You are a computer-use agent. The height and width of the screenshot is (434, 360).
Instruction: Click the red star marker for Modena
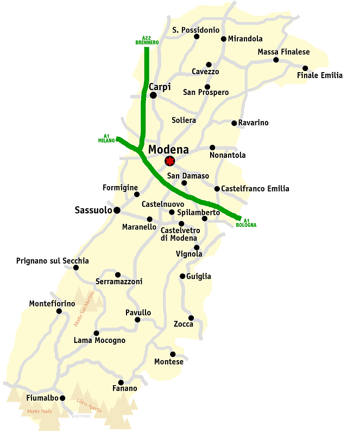(x=170, y=161)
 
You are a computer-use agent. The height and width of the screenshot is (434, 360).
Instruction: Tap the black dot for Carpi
(x=153, y=95)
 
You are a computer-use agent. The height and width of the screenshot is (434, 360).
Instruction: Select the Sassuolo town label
(x=93, y=210)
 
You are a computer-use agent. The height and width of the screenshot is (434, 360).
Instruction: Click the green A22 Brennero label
(x=146, y=40)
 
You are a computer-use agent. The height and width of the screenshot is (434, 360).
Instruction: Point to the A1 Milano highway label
(x=106, y=138)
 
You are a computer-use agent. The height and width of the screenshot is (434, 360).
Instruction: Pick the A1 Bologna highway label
(x=246, y=222)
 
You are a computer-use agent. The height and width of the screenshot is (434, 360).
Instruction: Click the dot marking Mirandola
(x=223, y=39)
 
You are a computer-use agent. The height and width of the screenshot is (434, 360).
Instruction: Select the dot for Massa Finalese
(x=276, y=60)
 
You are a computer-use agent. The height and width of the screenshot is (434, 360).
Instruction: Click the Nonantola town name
(x=228, y=155)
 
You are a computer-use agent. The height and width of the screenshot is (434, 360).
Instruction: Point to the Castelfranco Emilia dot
(x=217, y=189)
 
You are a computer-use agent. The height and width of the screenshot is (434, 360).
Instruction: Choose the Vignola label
(x=189, y=254)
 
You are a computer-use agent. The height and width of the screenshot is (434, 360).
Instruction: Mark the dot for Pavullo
(x=137, y=320)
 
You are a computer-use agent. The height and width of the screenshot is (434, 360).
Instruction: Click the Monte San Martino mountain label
(x=87, y=309)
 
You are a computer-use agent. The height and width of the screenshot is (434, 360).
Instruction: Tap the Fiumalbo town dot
(x=62, y=398)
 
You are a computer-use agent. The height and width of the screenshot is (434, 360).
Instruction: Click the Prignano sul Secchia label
(x=52, y=261)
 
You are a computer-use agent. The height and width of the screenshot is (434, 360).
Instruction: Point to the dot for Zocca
(x=191, y=318)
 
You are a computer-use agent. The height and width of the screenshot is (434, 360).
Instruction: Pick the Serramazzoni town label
(x=119, y=282)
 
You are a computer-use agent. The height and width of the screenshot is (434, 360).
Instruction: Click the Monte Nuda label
(x=39, y=412)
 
